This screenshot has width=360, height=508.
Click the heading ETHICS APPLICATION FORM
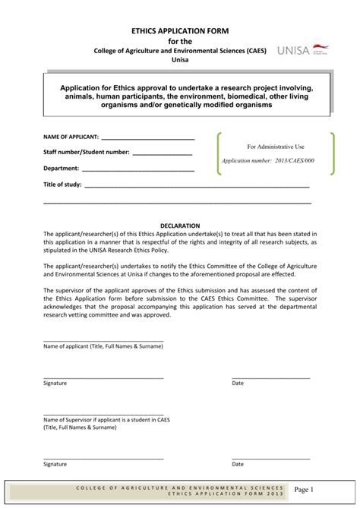pyautogui.click(x=180, y=29)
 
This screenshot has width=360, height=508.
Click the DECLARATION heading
pyautogui.click(x=180, y=226)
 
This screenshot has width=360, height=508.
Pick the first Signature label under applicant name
pyautogui.click(x=55, y=383)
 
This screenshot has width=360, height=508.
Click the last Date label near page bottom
pyautogui.click(x=238, y=464)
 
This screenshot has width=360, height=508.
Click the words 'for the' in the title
pyautogui.click(x=180, y=40)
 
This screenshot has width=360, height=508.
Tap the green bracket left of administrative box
pyautogui.click(x=219, y=154)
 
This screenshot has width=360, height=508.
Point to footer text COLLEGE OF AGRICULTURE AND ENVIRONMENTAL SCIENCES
pyautogui.click(x=181, y=486)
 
